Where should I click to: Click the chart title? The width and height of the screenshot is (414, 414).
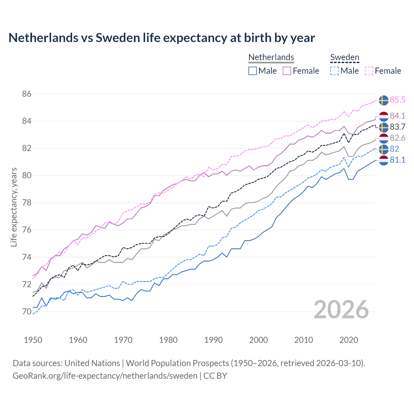[x=162, y=38]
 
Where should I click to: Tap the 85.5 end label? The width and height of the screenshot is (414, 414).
[x=397, y=100]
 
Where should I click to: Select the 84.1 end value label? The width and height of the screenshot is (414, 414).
[x=397, y=116]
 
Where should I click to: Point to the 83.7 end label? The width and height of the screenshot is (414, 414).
[x=397, y=127]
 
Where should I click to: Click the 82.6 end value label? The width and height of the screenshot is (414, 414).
[x=397, y=138]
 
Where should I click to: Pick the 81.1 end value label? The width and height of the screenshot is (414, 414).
[x=397, y=160]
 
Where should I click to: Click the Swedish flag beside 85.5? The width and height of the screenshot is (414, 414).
[x=384, y=100]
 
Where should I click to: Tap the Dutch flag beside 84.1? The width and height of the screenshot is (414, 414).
[x=384, y=116]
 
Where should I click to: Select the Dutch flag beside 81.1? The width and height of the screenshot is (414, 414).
[x=384, y=160]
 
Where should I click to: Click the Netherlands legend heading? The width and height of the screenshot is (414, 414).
[x=271, y=57]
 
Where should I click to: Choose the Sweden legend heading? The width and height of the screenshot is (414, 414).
[x=344, y=57]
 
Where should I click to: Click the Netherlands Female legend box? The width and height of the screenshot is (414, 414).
[x=287, y=71]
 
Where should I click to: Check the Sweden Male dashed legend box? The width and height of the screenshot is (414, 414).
[x=334, y=71]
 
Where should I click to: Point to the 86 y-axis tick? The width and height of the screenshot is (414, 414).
[x=27, y=94]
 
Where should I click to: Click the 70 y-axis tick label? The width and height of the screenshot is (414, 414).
[x=27, y=312]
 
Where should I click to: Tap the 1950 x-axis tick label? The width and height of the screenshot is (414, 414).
[x=33, y=340]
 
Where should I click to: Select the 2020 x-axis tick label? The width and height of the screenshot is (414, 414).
[x=349, y=340]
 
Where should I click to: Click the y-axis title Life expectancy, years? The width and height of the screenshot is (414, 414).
[x=14, y=207]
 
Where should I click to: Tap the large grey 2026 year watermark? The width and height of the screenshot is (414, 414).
[x=341, y=310]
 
